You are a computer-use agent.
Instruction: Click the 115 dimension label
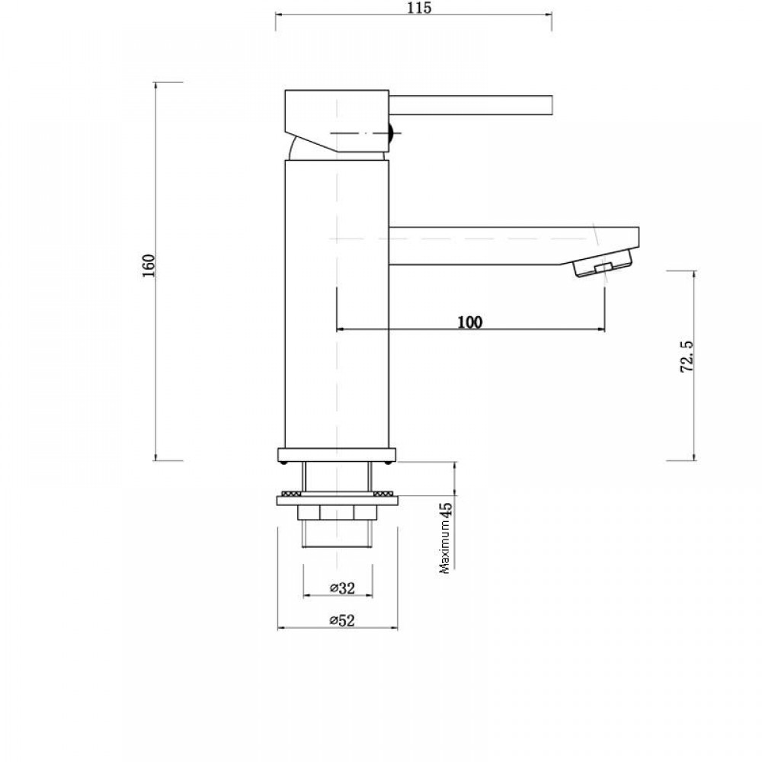click(420, 8)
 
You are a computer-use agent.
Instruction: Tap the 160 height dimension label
click(149, 266)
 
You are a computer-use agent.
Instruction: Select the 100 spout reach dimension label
click(470, 322)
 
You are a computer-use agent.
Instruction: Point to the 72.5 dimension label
click(687, 356)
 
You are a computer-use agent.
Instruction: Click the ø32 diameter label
click(343, 588)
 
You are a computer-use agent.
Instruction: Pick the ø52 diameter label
click(342, 620)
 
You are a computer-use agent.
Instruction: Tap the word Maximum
click(446, 548)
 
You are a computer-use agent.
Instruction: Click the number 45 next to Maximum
click(446, 511)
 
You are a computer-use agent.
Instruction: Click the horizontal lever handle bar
click(470, 105)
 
